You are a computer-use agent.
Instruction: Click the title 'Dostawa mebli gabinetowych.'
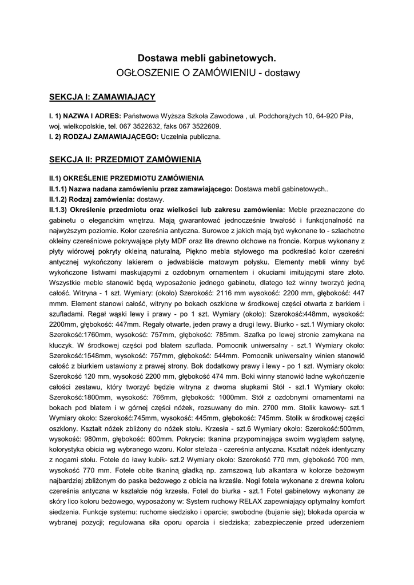[x=207, y=58]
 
